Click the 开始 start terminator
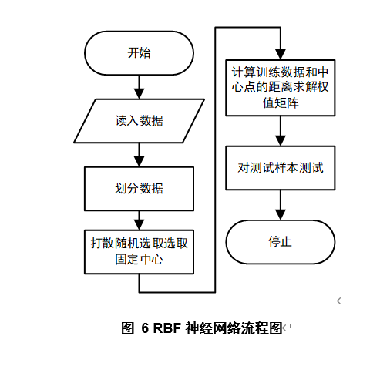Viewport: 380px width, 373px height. (139, 53)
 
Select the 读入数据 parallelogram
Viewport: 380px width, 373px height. (139, 121)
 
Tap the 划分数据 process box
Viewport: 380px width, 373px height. (139, 189)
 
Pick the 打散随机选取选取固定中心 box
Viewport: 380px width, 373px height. (139, 251)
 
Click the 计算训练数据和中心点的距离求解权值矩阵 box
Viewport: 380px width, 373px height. (279, 87)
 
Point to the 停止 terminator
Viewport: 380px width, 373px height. (279, 241)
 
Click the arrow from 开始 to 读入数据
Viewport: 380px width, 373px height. (139, 87)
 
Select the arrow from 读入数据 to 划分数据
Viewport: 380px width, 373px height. (139, 155)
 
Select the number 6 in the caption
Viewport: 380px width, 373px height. (144, 328)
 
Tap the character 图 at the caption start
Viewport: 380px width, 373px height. (128, 328)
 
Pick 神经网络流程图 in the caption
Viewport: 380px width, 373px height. (232, 328)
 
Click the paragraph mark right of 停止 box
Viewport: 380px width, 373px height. (340, 300)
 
